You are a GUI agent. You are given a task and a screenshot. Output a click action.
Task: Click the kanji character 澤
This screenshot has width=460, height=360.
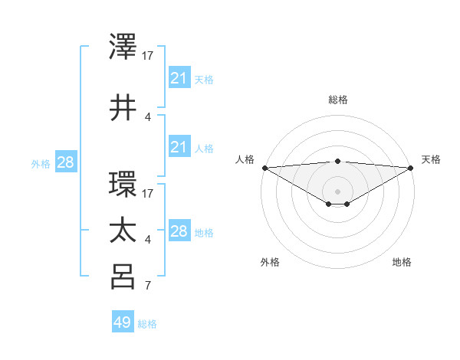(123, 47)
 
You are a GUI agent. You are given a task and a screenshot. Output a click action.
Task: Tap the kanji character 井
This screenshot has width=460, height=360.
(123, 107)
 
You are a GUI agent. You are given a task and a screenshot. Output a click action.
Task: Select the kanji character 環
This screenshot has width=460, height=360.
(123, 185)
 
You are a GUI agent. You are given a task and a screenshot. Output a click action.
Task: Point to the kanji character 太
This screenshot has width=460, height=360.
(123, 230)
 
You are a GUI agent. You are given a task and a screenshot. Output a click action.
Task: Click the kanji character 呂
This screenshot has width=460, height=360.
(123, 277)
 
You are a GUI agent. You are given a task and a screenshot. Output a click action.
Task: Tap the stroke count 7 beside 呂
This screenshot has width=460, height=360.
(148, 286)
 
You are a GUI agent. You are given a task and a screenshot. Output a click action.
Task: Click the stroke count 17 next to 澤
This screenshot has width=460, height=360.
(148, 55)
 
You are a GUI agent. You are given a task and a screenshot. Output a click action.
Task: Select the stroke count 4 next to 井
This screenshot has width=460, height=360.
(148, 116)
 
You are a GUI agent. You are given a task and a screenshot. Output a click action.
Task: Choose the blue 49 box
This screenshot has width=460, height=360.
(123, 322)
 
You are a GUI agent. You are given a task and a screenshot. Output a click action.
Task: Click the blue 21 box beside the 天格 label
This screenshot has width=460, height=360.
(179, 78)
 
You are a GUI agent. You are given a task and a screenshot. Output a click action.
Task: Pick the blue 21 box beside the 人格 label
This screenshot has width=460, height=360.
(179, 147)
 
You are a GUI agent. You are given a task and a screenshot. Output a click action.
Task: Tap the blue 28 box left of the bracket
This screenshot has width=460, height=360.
(65, 162)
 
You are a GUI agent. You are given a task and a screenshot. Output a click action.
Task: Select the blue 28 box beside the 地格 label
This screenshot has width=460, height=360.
(179, 231)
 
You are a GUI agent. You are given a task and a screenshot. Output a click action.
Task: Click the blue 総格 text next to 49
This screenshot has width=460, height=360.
(147, 324)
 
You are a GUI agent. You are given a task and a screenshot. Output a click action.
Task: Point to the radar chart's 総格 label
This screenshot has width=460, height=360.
(337, 100)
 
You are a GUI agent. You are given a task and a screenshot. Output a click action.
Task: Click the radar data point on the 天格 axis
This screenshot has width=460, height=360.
(411, 168)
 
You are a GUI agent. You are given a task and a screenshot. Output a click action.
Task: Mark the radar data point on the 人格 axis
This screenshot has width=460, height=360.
(264, 168)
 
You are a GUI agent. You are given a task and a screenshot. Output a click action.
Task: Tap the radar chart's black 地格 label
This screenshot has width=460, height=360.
(402, 263)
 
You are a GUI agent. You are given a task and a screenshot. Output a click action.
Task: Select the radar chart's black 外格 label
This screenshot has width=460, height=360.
(270, 263)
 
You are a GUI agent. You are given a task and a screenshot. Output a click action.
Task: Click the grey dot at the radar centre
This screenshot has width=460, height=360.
(337, 191)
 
